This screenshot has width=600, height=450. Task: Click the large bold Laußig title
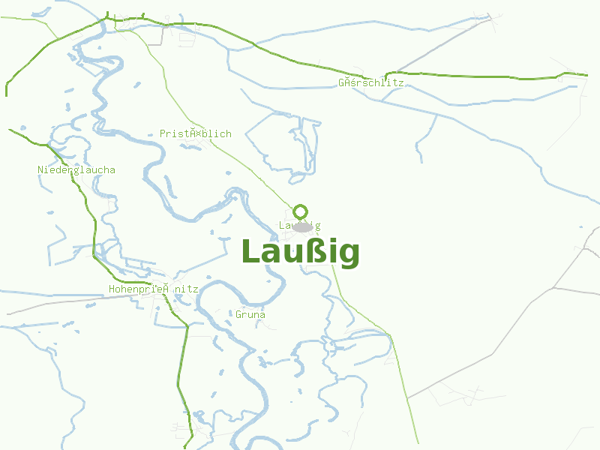[x=300, y=253]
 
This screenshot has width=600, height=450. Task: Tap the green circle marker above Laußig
[x=301, y=211]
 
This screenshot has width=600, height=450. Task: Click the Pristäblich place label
[x=195, y=134]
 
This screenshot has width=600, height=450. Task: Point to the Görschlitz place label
[x=370, y=82]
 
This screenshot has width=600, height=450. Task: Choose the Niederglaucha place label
[x=76, y=170]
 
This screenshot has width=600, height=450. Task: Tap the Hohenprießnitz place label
[x=153, y=289]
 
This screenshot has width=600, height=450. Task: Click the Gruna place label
[x=250, y=315]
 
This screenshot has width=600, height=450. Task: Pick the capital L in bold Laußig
[x=250, y=252]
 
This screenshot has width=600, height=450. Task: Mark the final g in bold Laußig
[x=347, y=256]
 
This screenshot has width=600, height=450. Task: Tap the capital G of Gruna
[x=238, y=315]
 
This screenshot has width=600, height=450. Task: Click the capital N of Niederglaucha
[x=40, y=170]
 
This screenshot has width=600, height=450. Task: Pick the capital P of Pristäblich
[x=163, y=134]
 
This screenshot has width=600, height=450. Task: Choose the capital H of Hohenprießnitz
[x=112, y=289]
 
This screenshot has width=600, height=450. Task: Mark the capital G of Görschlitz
[x=341, y=82]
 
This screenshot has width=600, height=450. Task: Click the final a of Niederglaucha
[x=112, y=170]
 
